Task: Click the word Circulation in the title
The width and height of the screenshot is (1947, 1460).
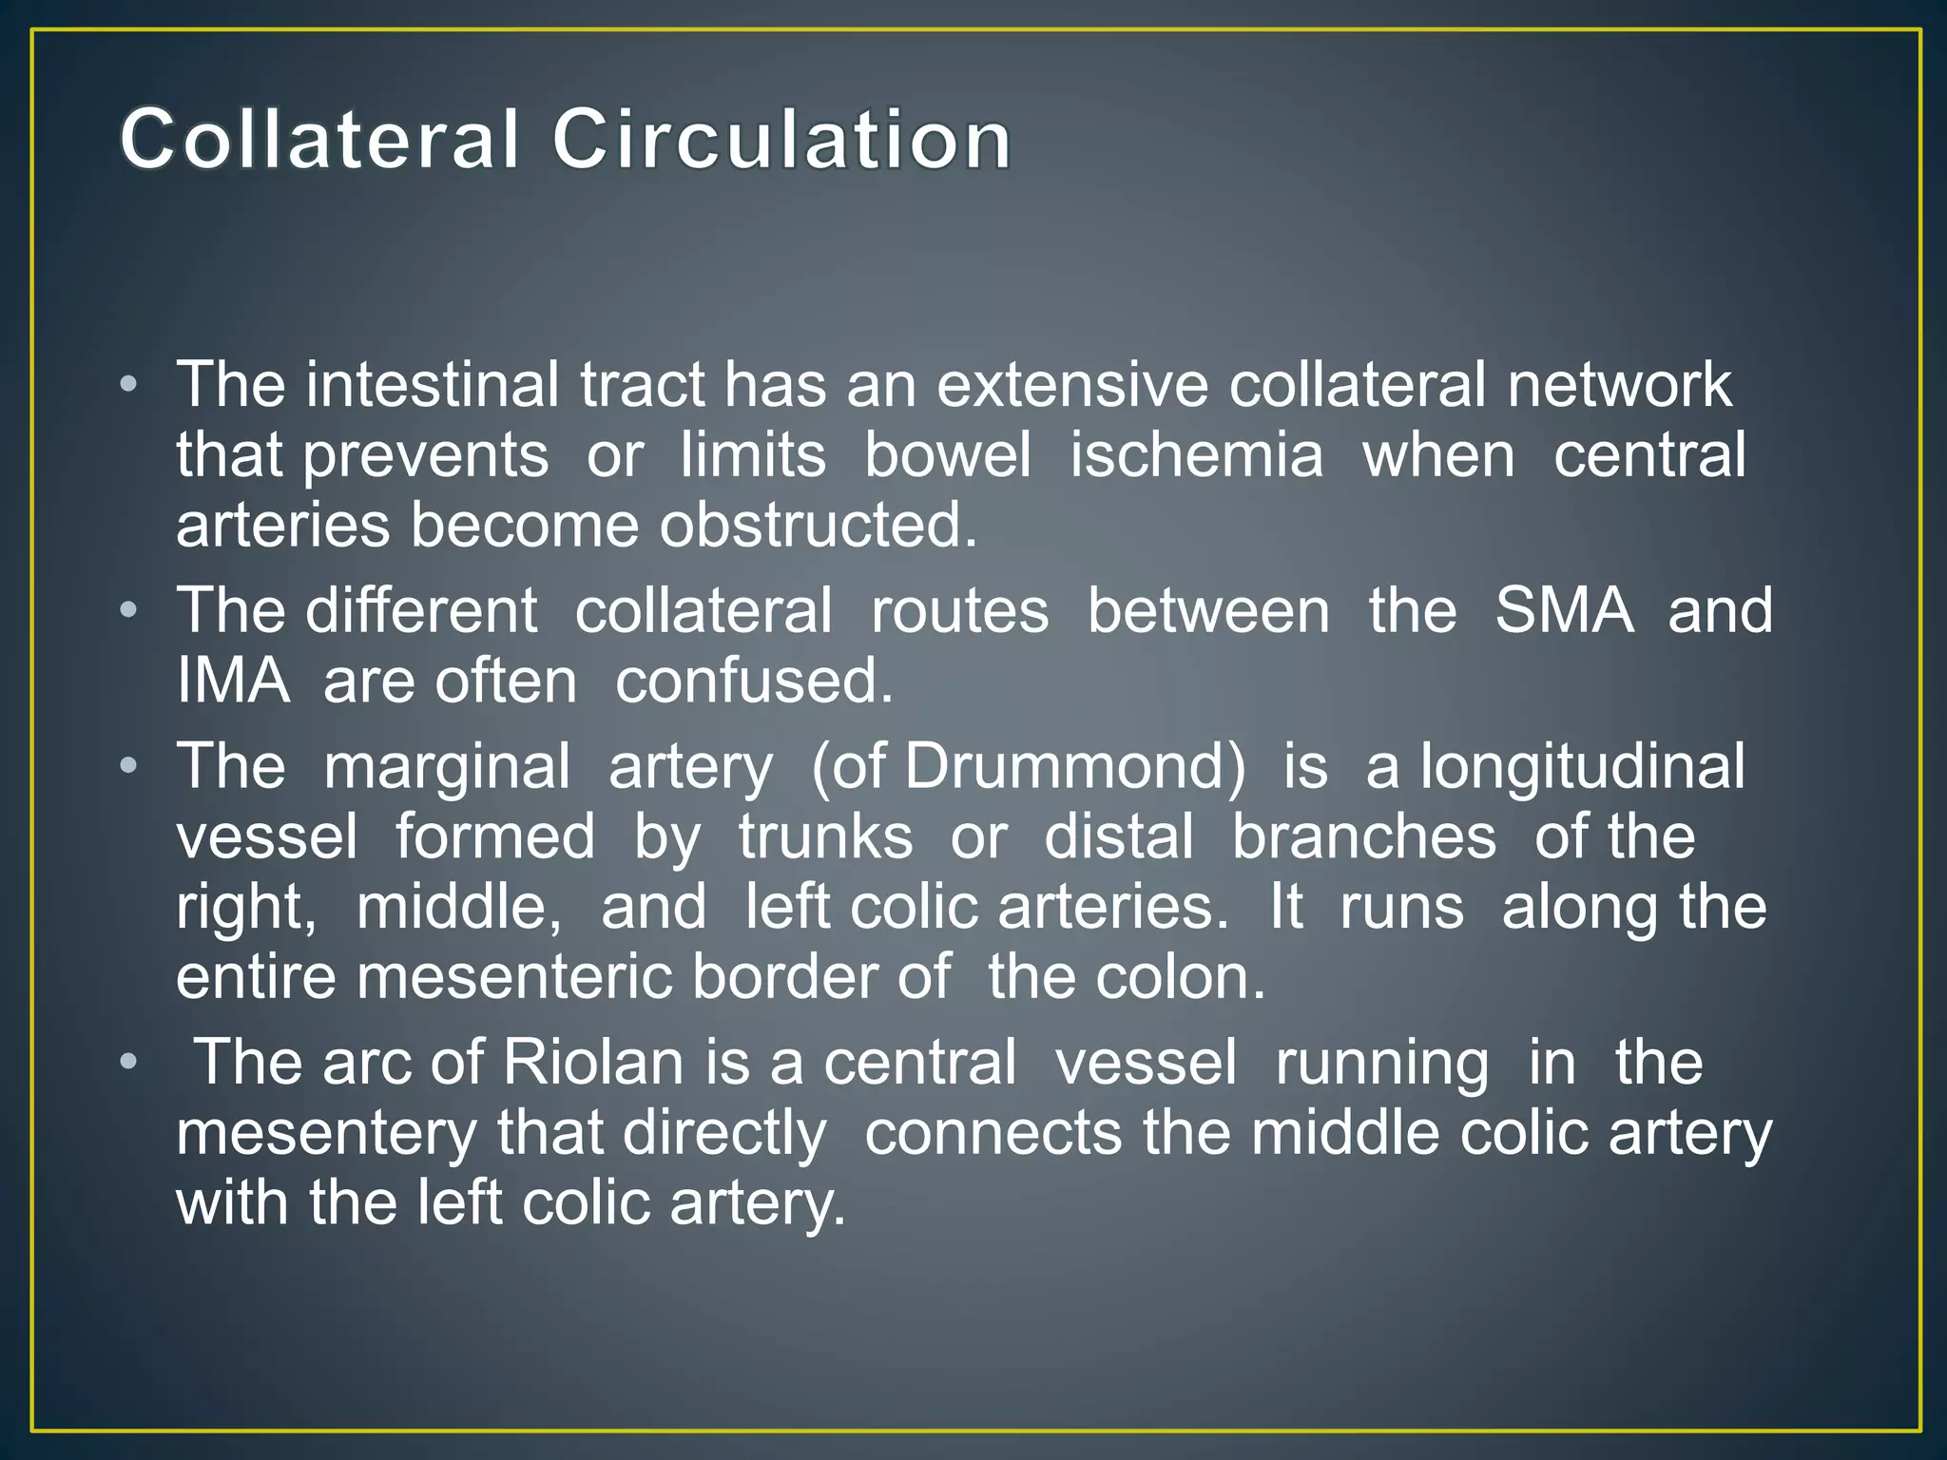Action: tap(781, 141)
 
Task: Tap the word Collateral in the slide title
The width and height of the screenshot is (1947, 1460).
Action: tap(320, 141)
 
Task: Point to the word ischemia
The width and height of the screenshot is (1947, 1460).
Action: tap(1196, 455)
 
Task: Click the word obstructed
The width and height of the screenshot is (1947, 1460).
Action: tap(819, 526)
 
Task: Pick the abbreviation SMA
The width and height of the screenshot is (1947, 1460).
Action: tap(1564, 610)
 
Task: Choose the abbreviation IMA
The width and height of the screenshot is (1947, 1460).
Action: tap(233, 682)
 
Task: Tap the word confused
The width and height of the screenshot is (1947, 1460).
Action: tap(754, 682)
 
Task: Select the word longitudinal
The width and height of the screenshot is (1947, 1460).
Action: tap(1582, 766)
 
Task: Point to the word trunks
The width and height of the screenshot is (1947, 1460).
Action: tap(825, 836)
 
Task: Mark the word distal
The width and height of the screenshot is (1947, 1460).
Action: tap(1119, 836)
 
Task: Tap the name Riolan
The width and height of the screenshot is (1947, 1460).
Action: tap(593, 1063)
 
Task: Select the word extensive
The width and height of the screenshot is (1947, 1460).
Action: tap(1072, 385)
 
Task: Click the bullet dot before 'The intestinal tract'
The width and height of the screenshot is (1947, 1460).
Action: tap(129, 386)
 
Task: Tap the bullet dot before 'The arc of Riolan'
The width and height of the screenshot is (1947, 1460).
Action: tap(129, 1063)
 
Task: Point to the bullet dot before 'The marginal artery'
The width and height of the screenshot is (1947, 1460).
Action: tap(129, 766)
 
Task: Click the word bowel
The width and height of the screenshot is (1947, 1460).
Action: tap(947, 455)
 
